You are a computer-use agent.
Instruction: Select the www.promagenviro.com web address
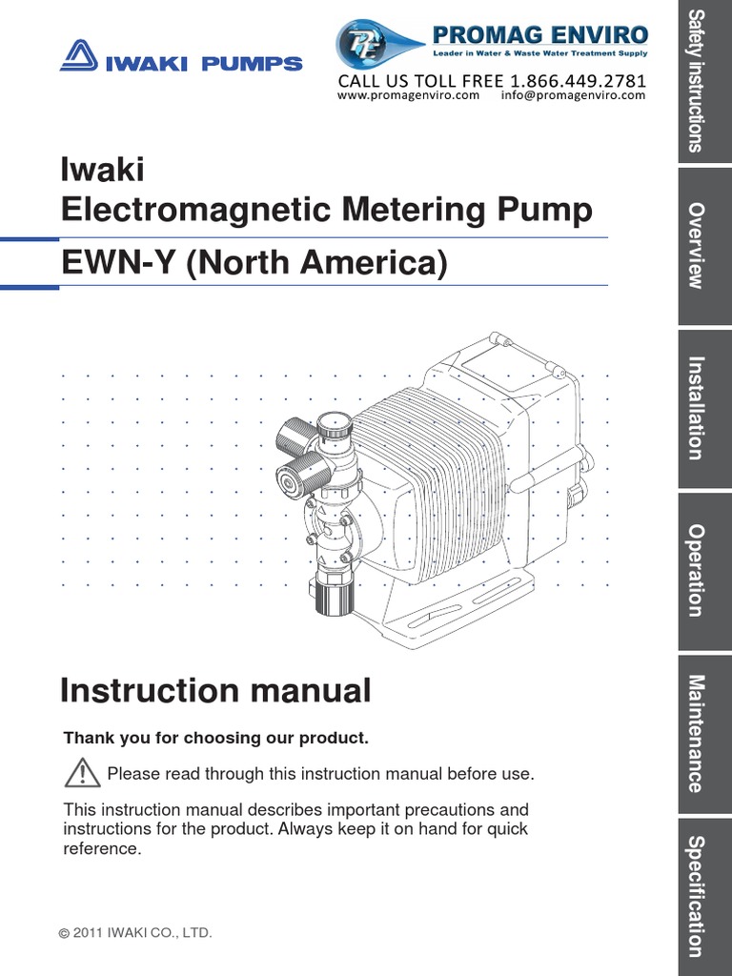pos(408,95)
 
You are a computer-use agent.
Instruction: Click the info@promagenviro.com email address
pos(572,95)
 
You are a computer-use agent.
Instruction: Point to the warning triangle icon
pos(83,771)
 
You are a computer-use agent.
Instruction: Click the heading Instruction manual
pos(215,691)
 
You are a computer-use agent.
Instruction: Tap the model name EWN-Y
pos(118,263)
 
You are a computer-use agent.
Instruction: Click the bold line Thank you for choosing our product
pos(215,739)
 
